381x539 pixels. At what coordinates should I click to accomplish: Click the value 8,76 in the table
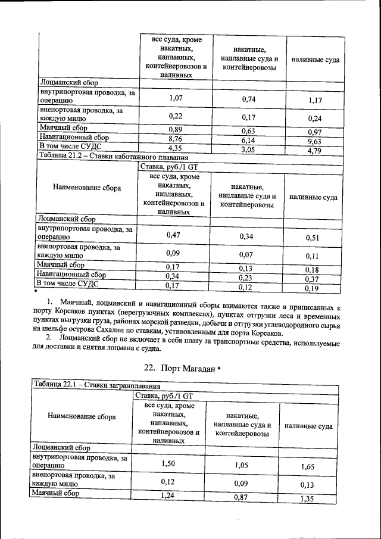click(174, 138)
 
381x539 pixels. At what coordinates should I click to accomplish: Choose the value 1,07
click(174, 98)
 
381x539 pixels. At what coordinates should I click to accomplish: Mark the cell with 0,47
click(173, 235)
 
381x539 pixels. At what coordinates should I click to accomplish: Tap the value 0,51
click(313, 238)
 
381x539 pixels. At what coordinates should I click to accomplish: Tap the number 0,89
click(174, 129)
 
